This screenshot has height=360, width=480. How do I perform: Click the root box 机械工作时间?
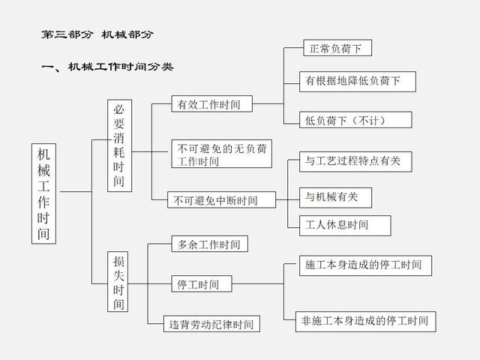point(46,192)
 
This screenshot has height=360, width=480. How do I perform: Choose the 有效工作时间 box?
point(211,104)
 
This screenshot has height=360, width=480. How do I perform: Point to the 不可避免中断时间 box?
point(222,200)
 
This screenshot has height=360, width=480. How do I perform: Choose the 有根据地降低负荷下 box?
point(358,80)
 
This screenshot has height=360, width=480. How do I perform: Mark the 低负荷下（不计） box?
point(347,119)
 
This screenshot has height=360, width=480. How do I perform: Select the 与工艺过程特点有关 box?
point(357,160)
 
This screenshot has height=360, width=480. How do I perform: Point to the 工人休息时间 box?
point(337,224)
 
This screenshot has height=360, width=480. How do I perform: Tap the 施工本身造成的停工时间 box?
point(364,265)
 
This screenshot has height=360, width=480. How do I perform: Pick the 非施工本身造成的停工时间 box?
point(365,320)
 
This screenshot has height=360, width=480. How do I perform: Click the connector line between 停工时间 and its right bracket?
point(257,284)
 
